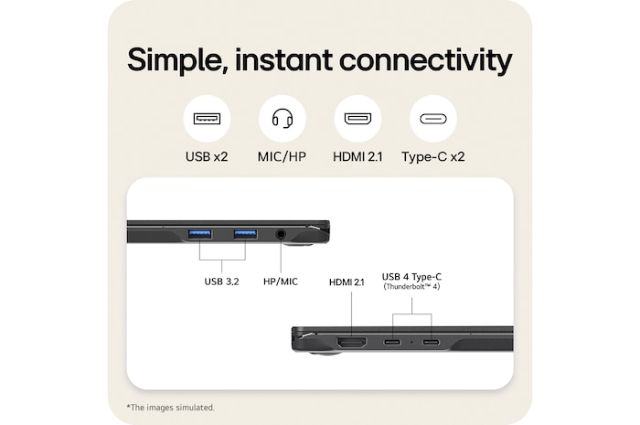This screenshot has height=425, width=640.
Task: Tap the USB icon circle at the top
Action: tap(207, 119)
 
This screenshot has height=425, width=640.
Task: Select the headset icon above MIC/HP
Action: tap(282, 119)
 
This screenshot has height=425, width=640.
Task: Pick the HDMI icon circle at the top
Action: tap(357, 119)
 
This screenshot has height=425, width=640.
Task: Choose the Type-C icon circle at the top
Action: tap(432, 119)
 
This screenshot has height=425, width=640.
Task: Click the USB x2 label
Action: tap(207, 156)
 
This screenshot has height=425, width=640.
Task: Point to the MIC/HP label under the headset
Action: tap(282, 156)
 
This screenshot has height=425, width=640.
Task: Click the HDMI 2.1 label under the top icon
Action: tap(357, 156)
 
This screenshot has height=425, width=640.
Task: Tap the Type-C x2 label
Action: tap(432, 156)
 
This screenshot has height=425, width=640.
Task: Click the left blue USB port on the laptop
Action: tap(200, 235)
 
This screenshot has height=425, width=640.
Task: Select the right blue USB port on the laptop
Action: tap(244, 235)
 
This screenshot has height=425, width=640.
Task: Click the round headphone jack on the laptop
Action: tap(281, 235)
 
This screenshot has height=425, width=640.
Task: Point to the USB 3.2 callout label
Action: tap(221, 282)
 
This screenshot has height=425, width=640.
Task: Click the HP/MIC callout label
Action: tap(281, 282)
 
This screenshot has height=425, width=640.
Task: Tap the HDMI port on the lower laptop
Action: tap(352, 343)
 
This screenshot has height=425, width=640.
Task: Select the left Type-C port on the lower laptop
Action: tap(393, 343)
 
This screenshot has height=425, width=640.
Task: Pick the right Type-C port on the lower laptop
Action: tap(431, 343)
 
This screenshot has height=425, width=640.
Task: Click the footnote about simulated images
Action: tap(171, 407)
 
